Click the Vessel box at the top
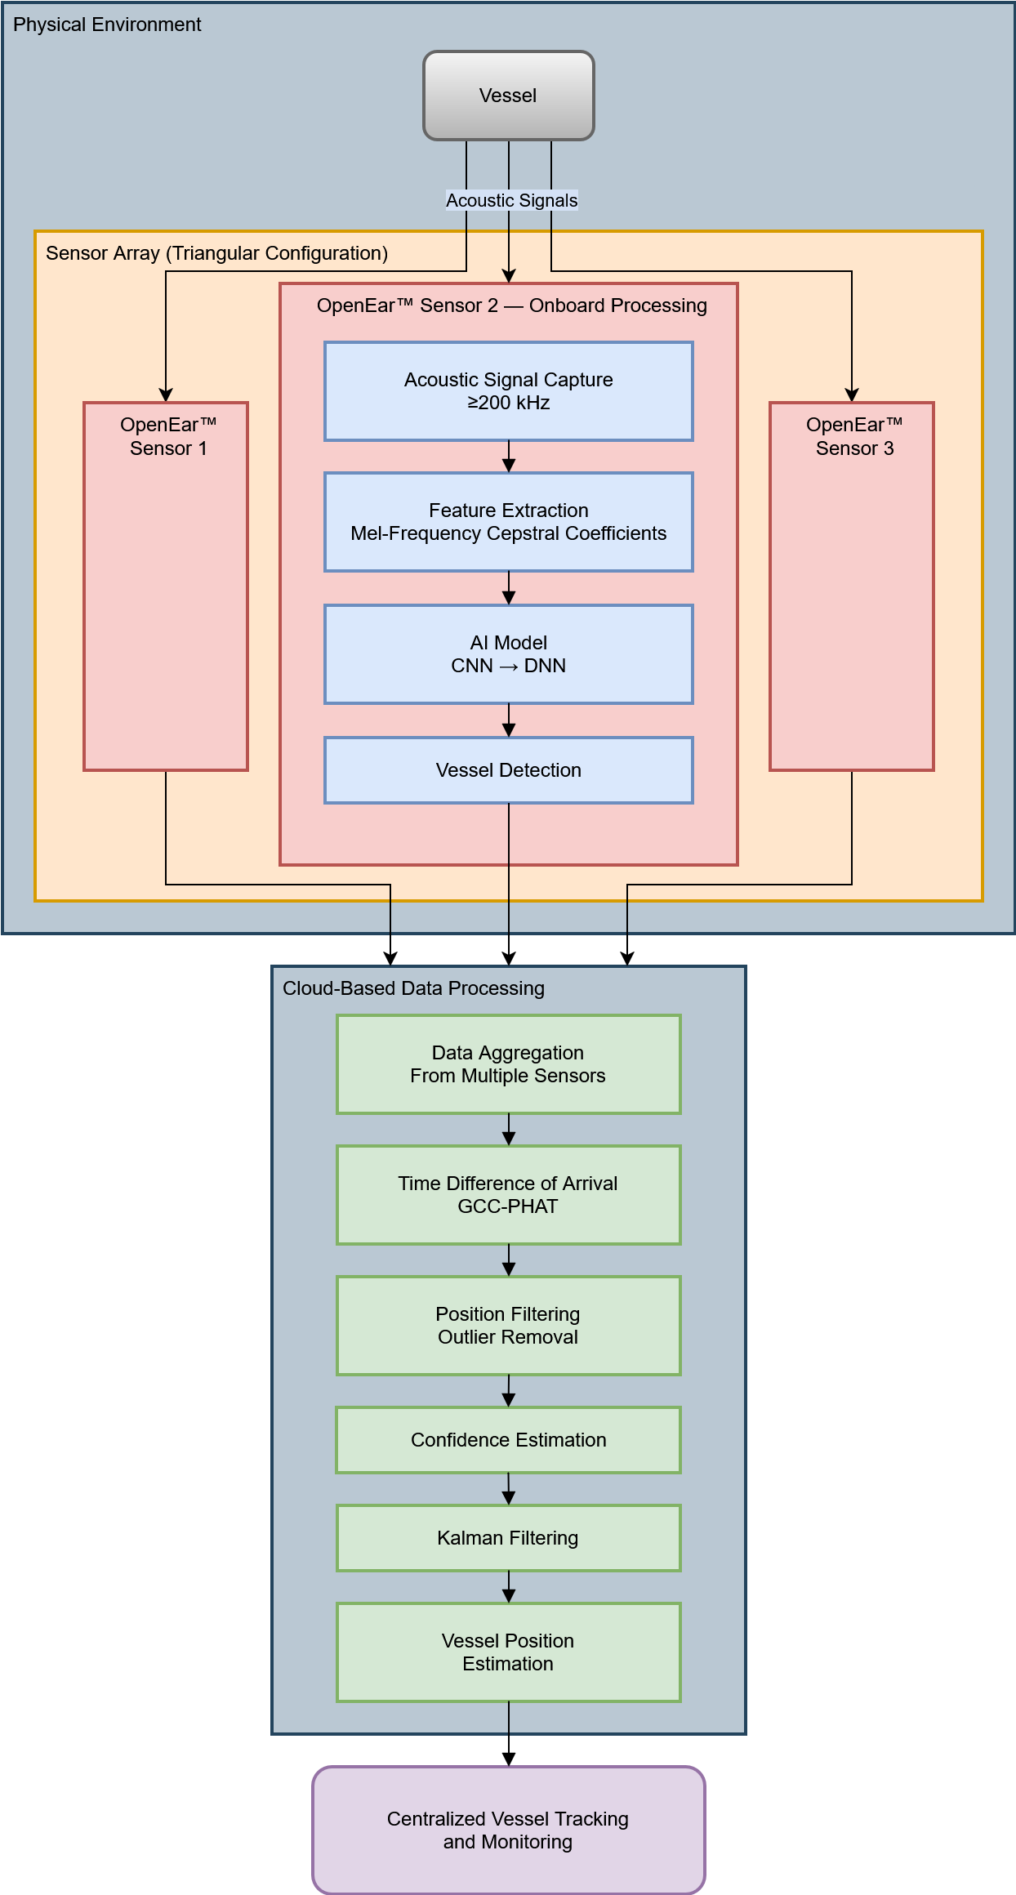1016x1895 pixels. (x=508, y=96)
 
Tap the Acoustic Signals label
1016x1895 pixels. (x=511, y=200)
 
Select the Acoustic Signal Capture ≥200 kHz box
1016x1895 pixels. (x=508, y=391)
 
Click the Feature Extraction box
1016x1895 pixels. (x=508, y=522)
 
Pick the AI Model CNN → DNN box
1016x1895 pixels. (x=508, y=654)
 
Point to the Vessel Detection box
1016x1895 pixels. (x=508, y=770)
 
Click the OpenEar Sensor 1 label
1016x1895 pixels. (x=168, y=436)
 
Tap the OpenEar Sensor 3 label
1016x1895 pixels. (x=854, y=436)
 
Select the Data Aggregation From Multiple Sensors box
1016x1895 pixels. (x=508, y=1064)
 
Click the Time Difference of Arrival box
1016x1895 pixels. (x=508, y=1195)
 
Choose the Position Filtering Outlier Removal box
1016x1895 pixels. (x=508, y=1326)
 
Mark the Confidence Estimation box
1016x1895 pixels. (x=508, y=1440)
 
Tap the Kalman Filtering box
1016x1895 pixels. (x=508, y=1538)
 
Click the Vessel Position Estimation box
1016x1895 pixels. (x=508, y=1652)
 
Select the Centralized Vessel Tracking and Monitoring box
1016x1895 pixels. (x=508, y=1830)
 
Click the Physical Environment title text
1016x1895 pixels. (x=107, y=25)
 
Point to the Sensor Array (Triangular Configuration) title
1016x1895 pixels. (x=216, y=253)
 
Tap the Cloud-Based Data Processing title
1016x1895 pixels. (x=413, y=988)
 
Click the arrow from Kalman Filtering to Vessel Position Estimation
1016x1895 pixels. (x=508, y=1587)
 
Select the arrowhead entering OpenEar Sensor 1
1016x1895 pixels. (x=166, y=395)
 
